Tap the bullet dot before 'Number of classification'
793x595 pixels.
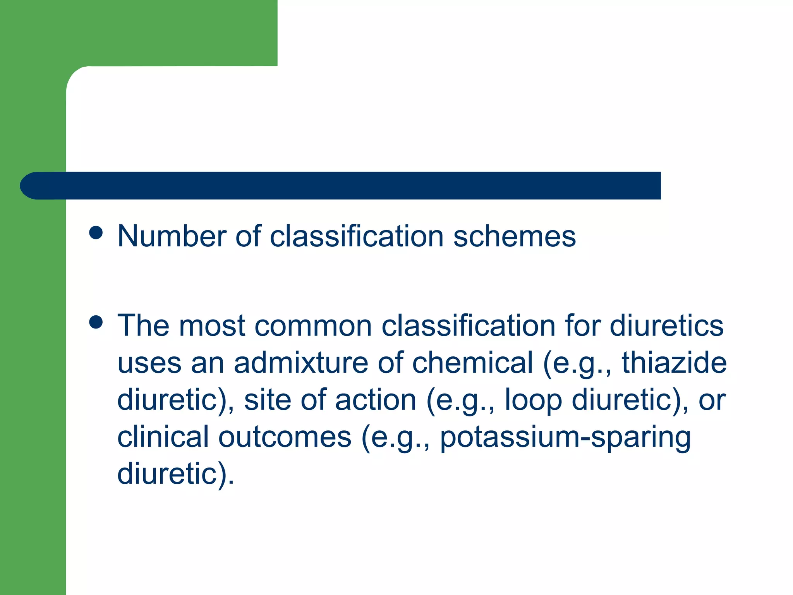tap(96, 233)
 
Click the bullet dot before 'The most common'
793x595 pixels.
tap(96, 322)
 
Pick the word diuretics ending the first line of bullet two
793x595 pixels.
tap(666, 325)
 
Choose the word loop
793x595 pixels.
tap(533, 400)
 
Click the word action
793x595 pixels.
tap(375, 400)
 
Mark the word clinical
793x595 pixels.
tap(163, 437)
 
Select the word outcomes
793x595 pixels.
tap(285, 437)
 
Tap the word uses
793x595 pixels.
tap(149, 363)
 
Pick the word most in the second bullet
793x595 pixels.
tap(212, 325)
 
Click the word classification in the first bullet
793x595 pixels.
tap(357, 236)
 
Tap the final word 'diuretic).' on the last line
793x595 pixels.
tap(175, 473)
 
